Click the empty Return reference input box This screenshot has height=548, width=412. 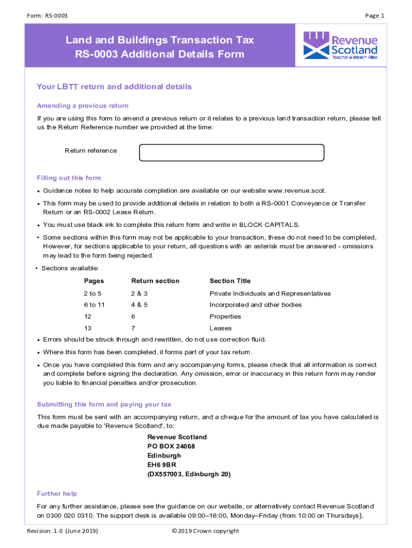coord(231,153)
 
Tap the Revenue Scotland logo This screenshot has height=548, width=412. coord(340,45)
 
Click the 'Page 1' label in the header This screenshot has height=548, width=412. coord(375,16)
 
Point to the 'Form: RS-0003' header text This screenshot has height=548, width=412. coord(47,16)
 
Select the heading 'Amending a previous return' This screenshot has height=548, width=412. coord(82,105)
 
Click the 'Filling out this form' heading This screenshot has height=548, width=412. coord(68,178)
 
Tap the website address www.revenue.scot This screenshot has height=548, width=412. coord(296,191)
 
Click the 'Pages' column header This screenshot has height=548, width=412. coord(94,281)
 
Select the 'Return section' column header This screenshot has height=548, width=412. coord(155,281)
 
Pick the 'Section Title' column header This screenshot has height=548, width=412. coord(230,281)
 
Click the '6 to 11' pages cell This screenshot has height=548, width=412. coord(94,305)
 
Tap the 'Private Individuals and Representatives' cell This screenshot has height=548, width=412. coord(270,293)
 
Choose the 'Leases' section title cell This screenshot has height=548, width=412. coord(221,328)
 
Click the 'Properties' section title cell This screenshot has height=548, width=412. coord(225,316)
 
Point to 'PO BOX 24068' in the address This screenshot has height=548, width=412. coord(171,446)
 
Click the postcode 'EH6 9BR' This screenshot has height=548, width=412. coord(162,465)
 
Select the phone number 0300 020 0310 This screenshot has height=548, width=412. coord(70,516)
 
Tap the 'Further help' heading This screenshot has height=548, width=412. coord(57,493)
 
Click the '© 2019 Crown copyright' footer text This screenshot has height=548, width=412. coord(205,531)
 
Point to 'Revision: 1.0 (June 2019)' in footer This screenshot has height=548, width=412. coord(63,531)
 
